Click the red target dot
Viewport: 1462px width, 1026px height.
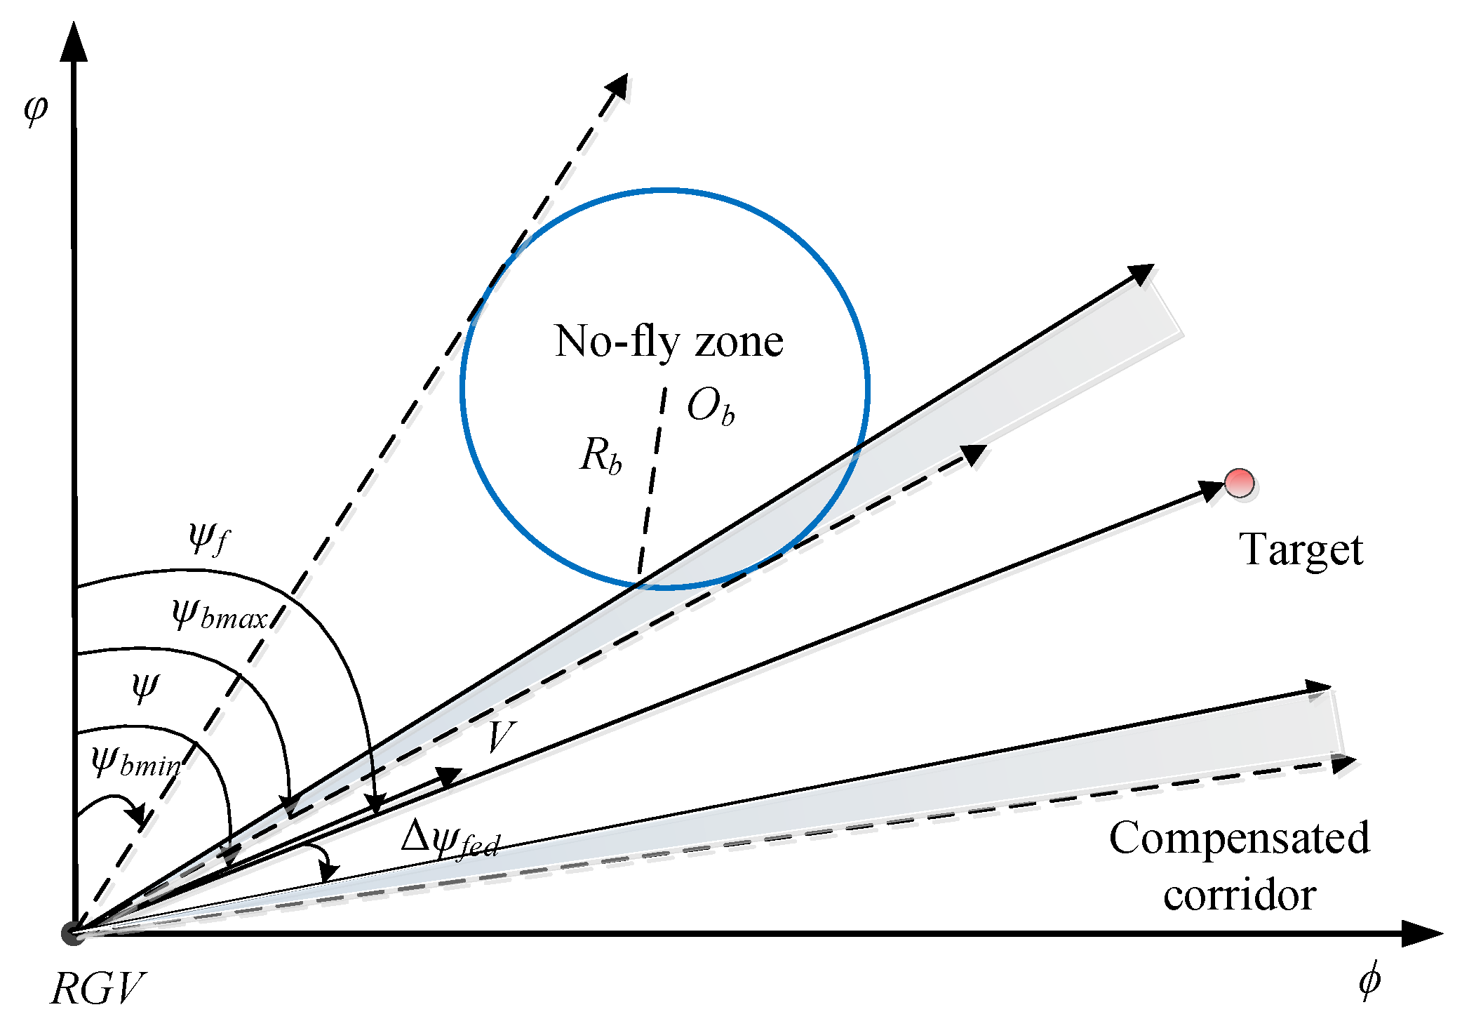pos(1240,483)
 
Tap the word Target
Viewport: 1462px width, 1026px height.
pos(1301,549)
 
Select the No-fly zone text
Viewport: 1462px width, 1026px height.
pos(669,342)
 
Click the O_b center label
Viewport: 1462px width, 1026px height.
pos(710,407)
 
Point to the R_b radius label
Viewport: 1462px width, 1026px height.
pos(601,455)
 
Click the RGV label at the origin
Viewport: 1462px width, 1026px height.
pos(98,989)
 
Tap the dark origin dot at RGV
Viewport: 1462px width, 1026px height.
pos(72,933)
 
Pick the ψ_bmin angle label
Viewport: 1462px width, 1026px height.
pos(136,762)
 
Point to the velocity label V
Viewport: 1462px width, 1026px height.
pos(500,736)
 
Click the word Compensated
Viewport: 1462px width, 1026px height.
pos(1239,838)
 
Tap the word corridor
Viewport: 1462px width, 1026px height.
pos(1239,895)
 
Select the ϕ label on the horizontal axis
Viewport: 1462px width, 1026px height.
pos(1369,980)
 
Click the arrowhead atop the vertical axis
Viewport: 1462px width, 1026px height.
pos(73,41)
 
